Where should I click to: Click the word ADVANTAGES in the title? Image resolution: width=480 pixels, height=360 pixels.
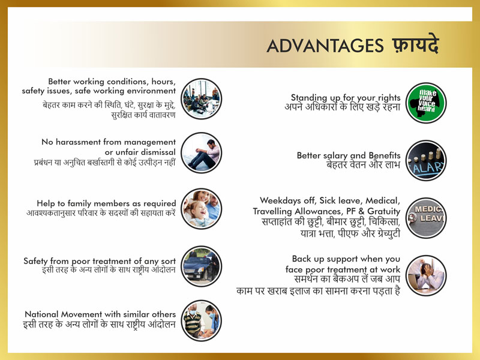pyautogui.click(x=325, y=46)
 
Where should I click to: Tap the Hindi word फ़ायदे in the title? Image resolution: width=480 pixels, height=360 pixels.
pyautogui.click(x=415, y=44)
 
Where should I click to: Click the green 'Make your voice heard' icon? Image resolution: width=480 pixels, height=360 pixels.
pyautogui.click(x=426, y=103)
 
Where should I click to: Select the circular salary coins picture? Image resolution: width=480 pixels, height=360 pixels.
pyautogui.click(x=426, y=160)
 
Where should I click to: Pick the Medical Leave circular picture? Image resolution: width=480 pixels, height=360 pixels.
pyautogui.click(x=426, y=218)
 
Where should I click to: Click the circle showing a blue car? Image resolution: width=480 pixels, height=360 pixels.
pyautogui.click(x=201, y=266)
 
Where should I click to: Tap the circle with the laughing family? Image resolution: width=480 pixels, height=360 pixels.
pyautogui.click(x=201, y=208)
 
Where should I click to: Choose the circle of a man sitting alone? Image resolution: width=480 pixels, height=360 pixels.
pyautogui.click(x=201, y=152)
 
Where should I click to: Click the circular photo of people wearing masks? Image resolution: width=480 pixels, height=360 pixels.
pyautogui.click(x=201, y=320)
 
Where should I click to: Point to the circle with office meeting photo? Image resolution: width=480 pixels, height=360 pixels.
pyautogui.click(x=201, y=98)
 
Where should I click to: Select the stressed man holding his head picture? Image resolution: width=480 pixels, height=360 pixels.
pyautogui.click(x=426, y=275)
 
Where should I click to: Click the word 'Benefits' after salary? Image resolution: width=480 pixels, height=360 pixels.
pyautogui.click(x=385, y=155)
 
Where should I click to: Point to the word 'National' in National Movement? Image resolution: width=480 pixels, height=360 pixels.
pyautogui.click(x=41, y=314)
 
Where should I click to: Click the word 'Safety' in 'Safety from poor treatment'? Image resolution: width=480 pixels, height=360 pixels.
pyautogui.click(x=35, y=261)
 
